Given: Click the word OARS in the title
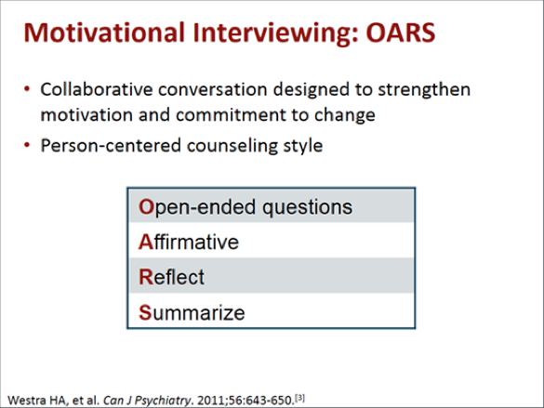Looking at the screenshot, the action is tap(401, 33).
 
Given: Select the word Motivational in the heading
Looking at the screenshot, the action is tap(104, 33).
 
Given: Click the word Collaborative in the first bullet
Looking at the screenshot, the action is tap(97, 89).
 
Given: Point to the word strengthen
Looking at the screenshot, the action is tap(424, 90).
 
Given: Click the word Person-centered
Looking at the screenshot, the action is tap(111, 146).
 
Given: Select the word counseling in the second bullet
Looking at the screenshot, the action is tap(232, 146).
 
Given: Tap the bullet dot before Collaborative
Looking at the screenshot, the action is tap(27, 89).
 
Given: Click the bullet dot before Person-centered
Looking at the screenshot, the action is tap(27, 145).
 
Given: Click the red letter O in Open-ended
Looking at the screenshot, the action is tap(146, 207).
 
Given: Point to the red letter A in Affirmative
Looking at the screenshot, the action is tap(146, 242).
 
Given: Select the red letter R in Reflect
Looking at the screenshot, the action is tap(146, 277).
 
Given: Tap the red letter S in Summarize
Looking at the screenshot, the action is tap(145, 312).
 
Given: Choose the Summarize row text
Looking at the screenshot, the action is tap(192, 312).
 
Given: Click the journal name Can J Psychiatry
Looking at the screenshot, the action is tap(147, 401).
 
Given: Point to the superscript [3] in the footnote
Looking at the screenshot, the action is tap(299, 398).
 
